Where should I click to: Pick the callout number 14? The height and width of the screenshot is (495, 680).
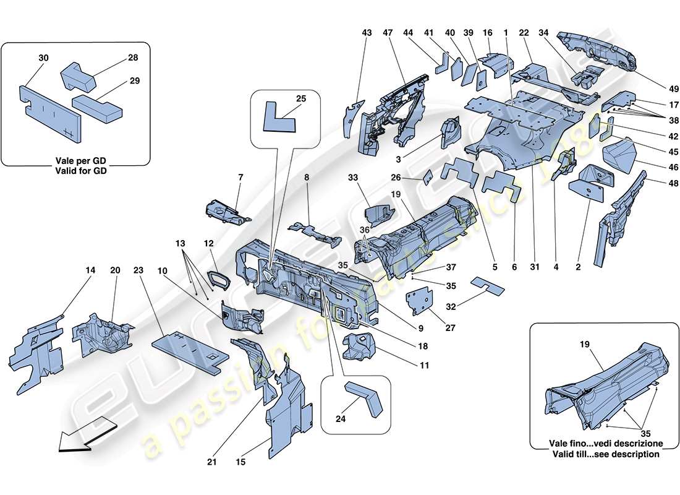pyautogui.click(x=91, y=270)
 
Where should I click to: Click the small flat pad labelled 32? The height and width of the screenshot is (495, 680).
pyautogui.click(x=488, y=285)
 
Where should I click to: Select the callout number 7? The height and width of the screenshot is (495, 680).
pyautogui.click(x=241, y=178)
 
